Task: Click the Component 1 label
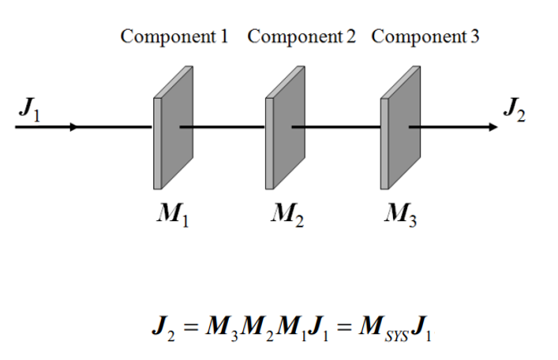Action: click(x=174, y=37)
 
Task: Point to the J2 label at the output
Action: click(x=514, y=111)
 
